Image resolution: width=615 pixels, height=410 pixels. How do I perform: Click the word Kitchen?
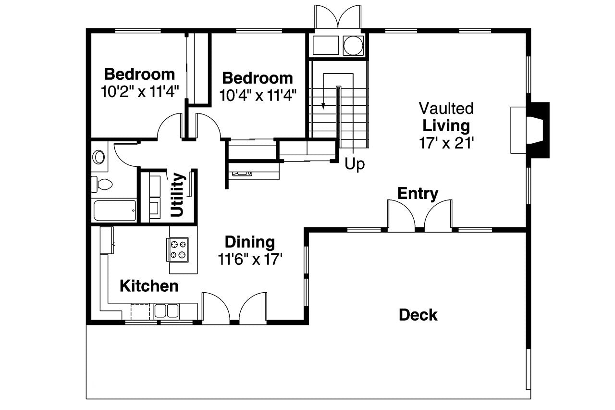click(149, 286)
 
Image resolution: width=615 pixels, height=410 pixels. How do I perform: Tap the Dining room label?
click(250, 242)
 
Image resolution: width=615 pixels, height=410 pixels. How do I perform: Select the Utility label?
click(177, 195)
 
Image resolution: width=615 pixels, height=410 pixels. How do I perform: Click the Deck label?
click(418, 315)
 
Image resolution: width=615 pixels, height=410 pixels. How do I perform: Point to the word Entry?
click(418, 194)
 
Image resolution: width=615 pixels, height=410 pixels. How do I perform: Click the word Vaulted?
click(446, 108)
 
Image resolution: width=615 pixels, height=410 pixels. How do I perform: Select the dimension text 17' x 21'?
click(446, 143)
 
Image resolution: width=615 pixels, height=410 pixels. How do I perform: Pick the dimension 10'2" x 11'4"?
click(140, 91)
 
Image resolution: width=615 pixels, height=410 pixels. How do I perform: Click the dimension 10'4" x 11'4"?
click(258, 95)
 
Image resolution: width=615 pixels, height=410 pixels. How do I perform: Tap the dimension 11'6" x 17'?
click(250, 260)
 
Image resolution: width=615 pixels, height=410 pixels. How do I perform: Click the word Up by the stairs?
click(355, 164)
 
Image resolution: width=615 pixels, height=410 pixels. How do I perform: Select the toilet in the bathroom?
click(102, 184)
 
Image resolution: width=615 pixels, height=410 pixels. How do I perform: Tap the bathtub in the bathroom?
click(114, 211)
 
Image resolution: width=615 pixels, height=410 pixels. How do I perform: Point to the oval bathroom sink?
click(99, 157)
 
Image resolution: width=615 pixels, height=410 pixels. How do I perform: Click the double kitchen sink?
click(166, 311)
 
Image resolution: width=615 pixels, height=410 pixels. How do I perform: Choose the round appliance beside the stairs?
click(353, 45)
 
